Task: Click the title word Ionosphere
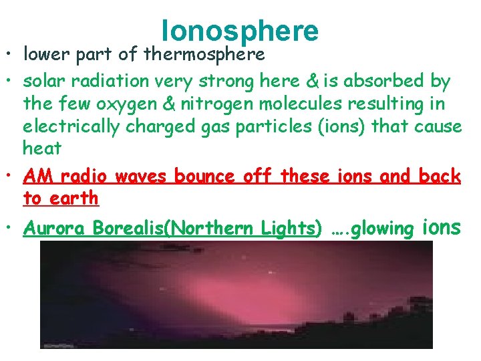point(240,31)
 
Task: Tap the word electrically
point(67,126)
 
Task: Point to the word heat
point(41,148)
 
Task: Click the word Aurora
point(53,229)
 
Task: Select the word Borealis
point(129,229)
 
